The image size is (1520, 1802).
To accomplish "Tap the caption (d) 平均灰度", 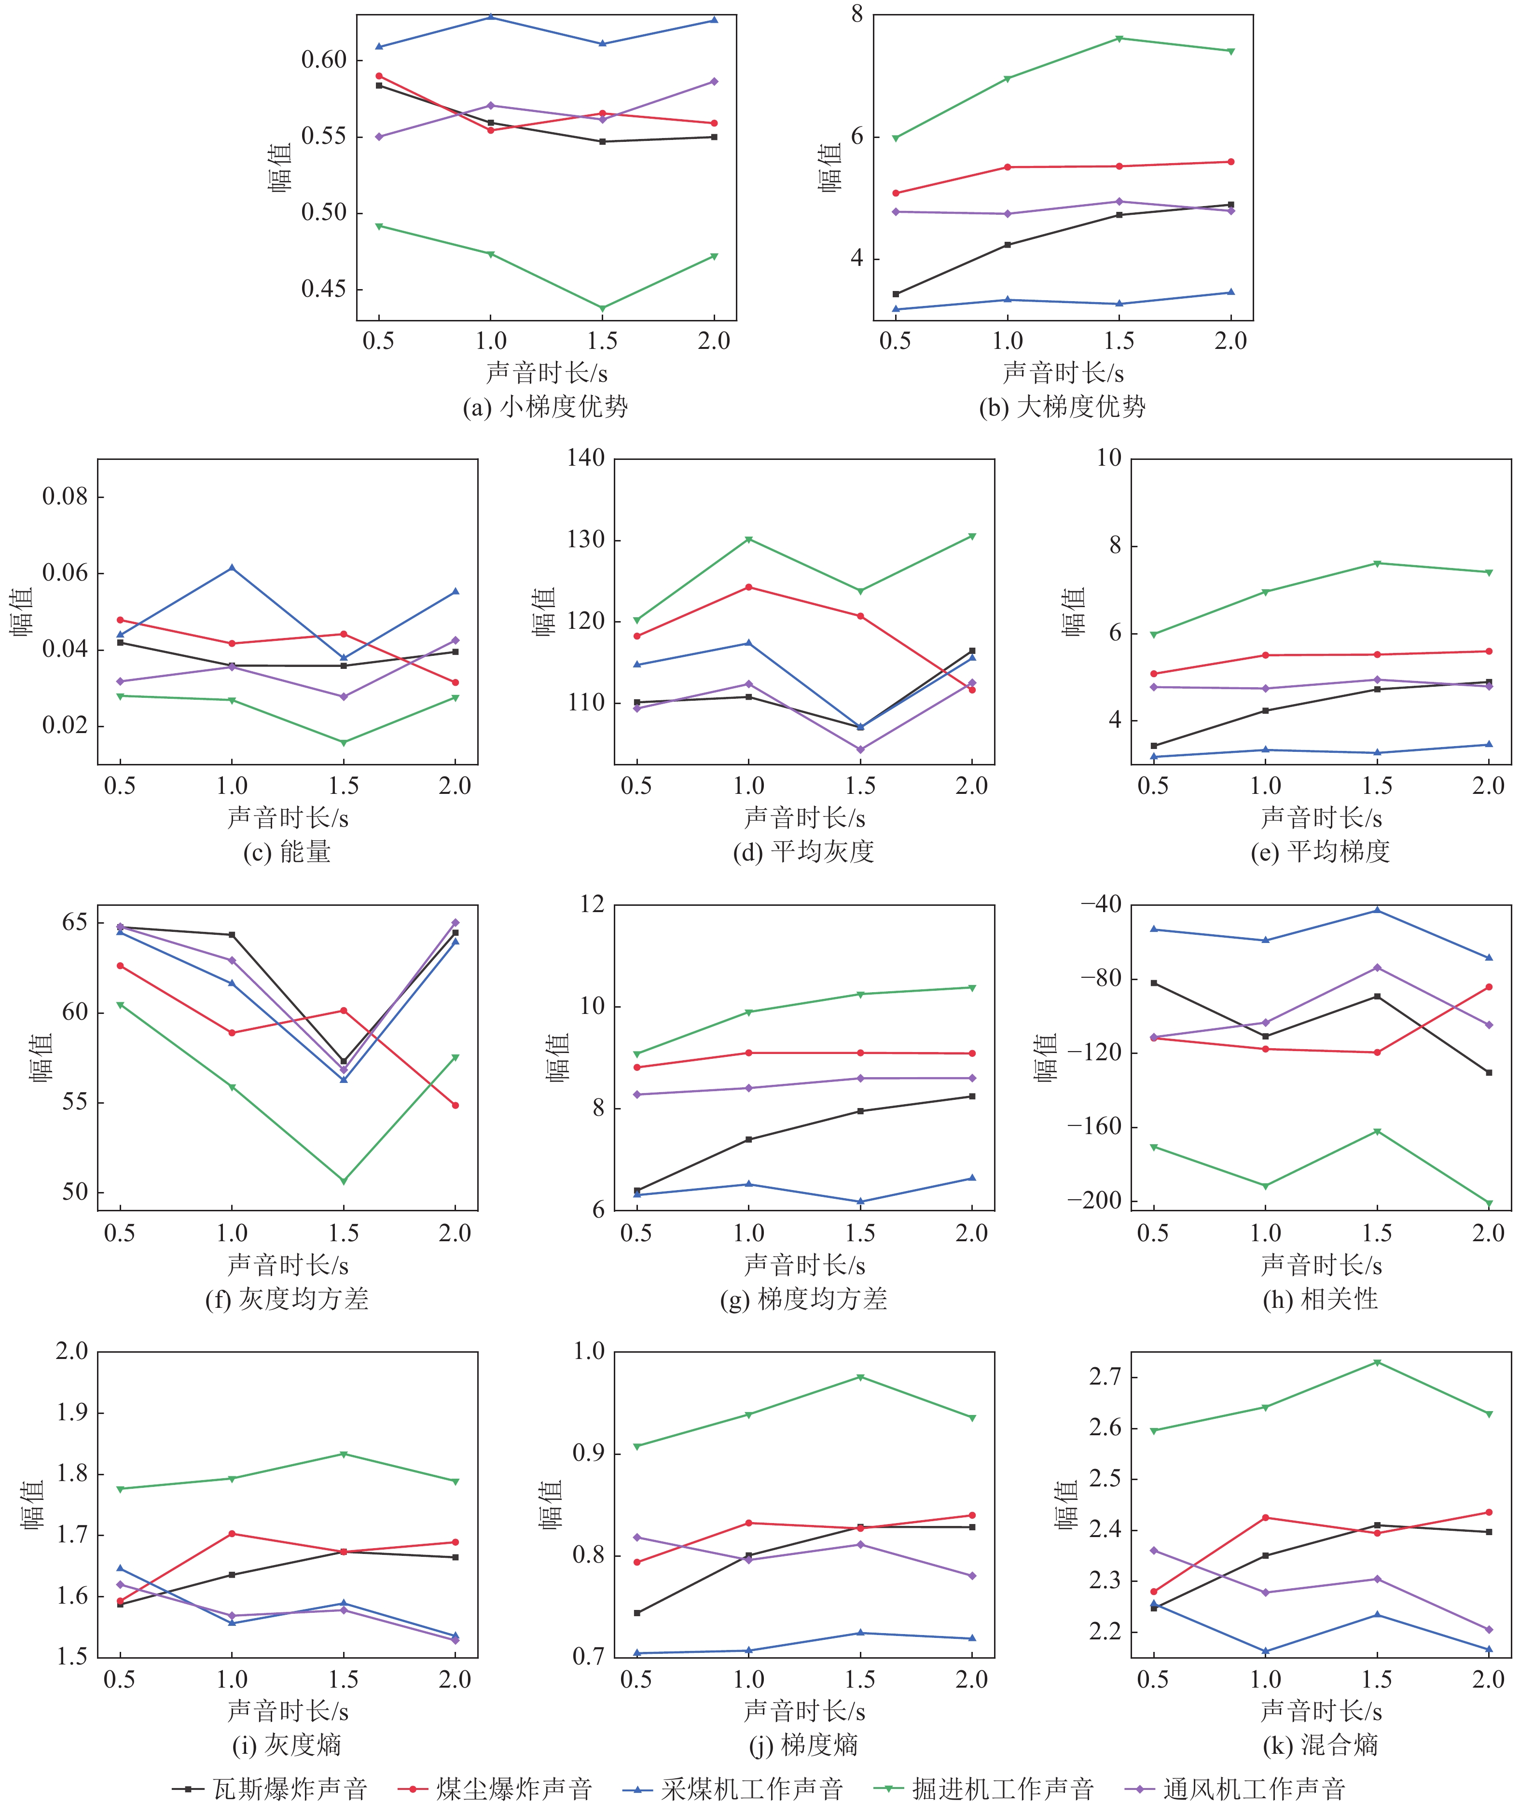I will (803, 851).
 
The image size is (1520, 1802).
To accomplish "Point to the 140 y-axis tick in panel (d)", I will (586, 457).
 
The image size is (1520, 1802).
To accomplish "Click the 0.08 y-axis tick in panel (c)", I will (66, 497).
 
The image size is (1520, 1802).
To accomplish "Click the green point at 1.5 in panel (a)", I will (602, 308).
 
